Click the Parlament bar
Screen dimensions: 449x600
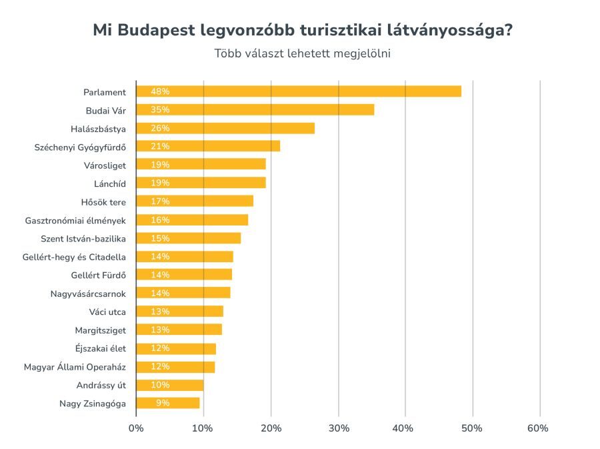(x=299, y=91)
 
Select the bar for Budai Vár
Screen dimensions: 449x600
(x=255, y=109)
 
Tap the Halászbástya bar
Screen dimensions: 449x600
(x=225, y=128)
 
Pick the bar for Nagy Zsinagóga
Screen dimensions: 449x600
(x=168, y=403)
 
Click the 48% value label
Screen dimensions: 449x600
(x=160, y=91)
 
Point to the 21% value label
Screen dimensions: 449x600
(x=160, y=146)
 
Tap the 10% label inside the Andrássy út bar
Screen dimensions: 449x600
(x=160, y=385)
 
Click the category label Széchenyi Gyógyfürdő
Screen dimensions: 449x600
(x=80, y=146)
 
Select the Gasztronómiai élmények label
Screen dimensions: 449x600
(x=75, y=219)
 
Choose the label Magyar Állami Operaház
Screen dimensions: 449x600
(x=75, y=366)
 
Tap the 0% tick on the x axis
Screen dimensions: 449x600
(x=136, y=428)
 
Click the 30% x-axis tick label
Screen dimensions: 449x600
(x=339, y=428)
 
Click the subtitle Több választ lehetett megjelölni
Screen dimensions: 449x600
(x=302, y=54)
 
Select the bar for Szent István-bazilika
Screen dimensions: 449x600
(x=189, y=238)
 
